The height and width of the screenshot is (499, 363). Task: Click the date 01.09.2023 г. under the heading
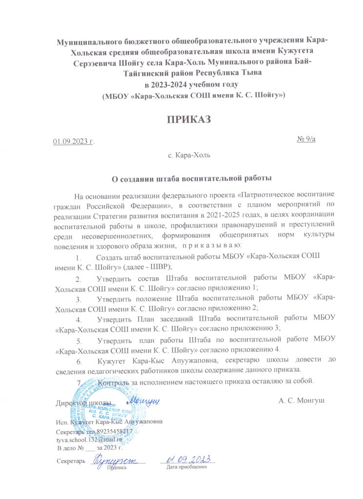pyautogui.click(x=74, y=141)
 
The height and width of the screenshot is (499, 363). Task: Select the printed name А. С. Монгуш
pyautogui.click(x=302, y=401)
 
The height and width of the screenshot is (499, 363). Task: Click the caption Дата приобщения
pyautogui.click(x=187, y=467)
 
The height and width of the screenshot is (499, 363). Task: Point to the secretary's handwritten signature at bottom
pyautogui.click(x=117, y=459)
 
